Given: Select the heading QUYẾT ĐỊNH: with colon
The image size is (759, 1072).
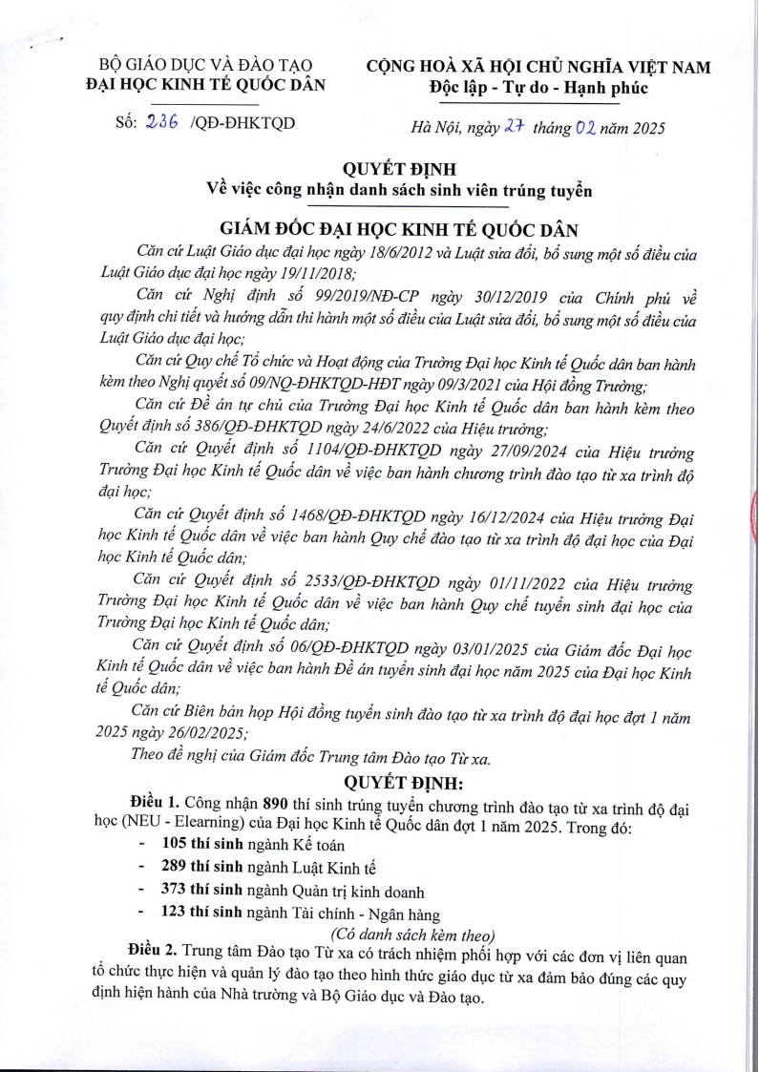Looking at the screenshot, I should (x=402, y=785).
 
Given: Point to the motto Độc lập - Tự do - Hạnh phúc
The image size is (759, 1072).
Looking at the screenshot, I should (x=538, y=88).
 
